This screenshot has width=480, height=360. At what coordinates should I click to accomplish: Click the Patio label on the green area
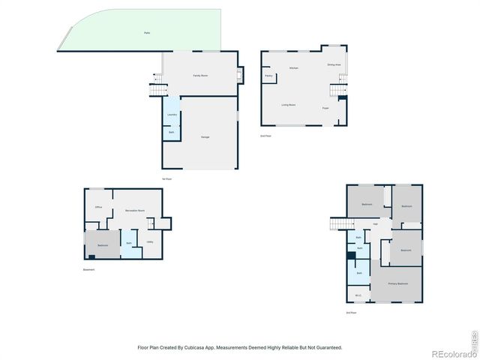pyautogui.click(x=146, y=34)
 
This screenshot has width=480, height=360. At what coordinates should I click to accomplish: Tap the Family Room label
pyautogui.click(x=200, y=76)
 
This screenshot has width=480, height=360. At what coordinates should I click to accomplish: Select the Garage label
pyautogui.click(x=205, y=137)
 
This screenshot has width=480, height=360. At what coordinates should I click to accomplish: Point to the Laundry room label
pyautogui.click(x=172, y=115)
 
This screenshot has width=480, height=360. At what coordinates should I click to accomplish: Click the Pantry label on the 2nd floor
pyautogui.click(x=268, y=76)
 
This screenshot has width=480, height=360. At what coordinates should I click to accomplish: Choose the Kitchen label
pyautogui.click(x=295, y=68)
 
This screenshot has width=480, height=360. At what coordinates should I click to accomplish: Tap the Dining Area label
pyautogui.click(x=334, y=65)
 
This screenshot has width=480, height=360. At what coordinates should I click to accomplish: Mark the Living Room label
pyautogui.click(x=289, y=105)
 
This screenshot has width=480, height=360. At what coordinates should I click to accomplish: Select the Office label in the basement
pyautogui.click(x=98, y=206)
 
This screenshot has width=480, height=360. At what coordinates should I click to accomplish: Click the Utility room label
pyautogui.click(x=150, y=241)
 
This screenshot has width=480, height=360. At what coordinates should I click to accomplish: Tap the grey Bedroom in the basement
pyautogui.click(x=103, y=246)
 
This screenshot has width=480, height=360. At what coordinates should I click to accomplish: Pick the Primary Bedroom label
pyautogui.click(x=397, y=283)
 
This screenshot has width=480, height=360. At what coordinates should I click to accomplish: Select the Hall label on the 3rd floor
pyautogui.click(x=375, y=224)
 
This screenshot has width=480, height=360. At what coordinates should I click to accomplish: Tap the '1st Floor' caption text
pyautogui.click(x=167, y=178)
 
